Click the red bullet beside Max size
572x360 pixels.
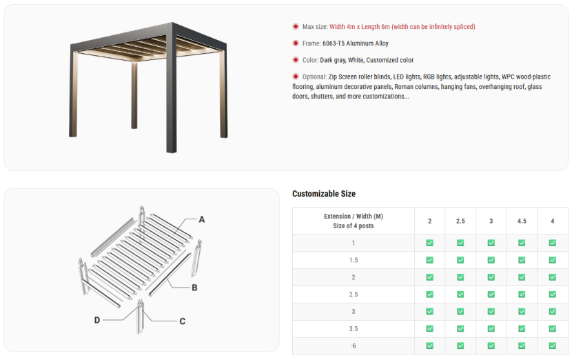click(x=296, y=26)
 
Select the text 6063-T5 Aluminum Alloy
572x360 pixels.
click(x=356, y=43)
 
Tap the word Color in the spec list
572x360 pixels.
click(x=310, y=60)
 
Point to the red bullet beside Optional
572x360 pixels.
click(x=296, y=77)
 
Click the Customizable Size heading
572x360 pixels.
click(x=324, y=194)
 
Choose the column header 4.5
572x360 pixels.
click(x=522, y=221)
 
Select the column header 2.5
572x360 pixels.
click(x=460, y=221)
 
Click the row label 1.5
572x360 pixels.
click(x=354, y=260)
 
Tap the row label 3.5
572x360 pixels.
click(x=354, y=328)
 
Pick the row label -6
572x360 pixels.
click(x=354, y=346)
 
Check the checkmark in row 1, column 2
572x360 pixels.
click(x=430, y=243)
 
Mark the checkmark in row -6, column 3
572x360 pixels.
click(x=491, y=346)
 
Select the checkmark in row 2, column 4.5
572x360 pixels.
click(x=522, y=277)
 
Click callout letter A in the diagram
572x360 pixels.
click(x=202, y=219)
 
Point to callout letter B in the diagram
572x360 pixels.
click(x=194, y=288)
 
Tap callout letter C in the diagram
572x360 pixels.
click(x=183, y=321)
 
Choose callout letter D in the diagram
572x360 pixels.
click(x=97, y=320)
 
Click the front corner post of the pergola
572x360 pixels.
click(x=172, y=88)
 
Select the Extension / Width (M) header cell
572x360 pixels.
click(x=354, y=221)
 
